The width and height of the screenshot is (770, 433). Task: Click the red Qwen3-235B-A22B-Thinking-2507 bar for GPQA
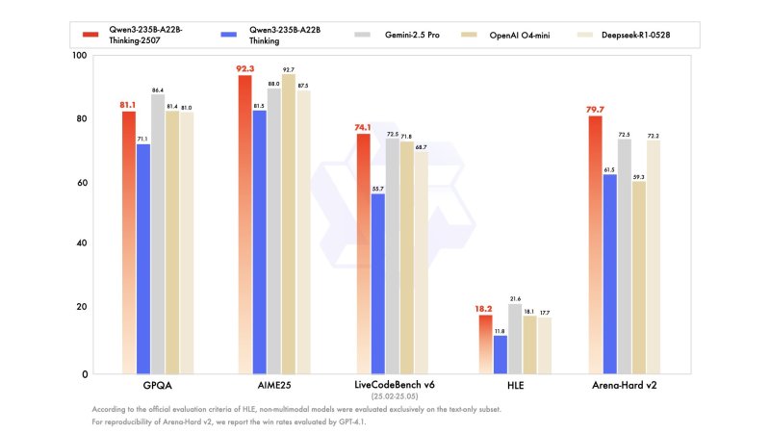click(x=129, y=241)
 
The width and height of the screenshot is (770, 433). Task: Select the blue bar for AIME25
click(x=260, y=241)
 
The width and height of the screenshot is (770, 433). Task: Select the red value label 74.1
click(x=363, y=126)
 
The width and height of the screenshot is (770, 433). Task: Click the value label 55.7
click(x=377, y=188)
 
